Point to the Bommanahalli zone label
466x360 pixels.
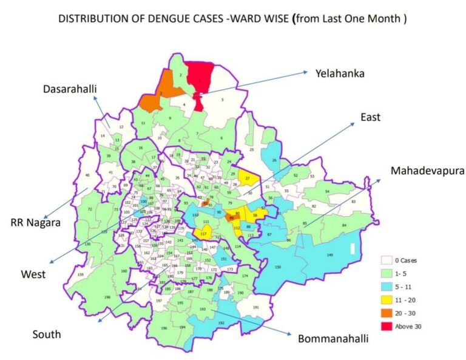pos(333,338)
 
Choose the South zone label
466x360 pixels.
pos(47,334)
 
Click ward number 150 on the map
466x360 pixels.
pos(279,267)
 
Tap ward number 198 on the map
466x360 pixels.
pos(107,297)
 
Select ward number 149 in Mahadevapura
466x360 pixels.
pos(330,255)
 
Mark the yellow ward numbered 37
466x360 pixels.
pos(248,178)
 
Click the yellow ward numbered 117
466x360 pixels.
pos(204,234)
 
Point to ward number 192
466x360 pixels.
pos(221,323)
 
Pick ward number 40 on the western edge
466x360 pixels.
pos(87,175)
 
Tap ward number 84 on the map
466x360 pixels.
pos(344,225)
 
